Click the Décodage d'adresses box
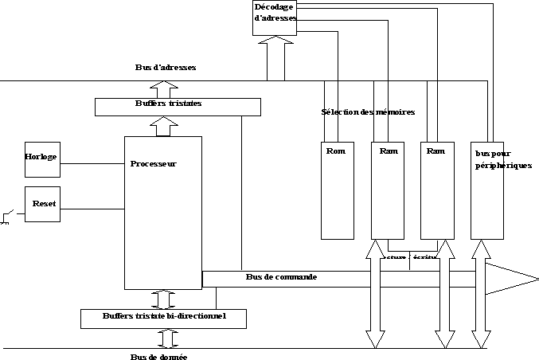pyautogui.click(x=275, y=18)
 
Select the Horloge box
pyautogui.click(x=42, y=158)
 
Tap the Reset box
pyautogui.click(x=42, y=204)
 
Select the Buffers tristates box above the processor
pyautogui.click(x=178, y=106)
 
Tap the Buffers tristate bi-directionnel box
pyautogui.click(x=163, y=318)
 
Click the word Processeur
pyautogui.click(x=153, y=164)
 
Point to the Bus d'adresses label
pyautogui.click(x=165, y=68)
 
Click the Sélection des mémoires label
pyautogui.click(x=367, y=112)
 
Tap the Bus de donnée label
pyautogui.click(x=159, y=356)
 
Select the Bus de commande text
pyautogui.click(x=281, y=277)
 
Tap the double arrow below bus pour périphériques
pyautogui.click(x=481, y=295)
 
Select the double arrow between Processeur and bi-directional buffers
pyautogui.click(x=163, y=299)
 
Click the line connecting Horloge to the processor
pyautogui.click(x=92, y=164)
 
